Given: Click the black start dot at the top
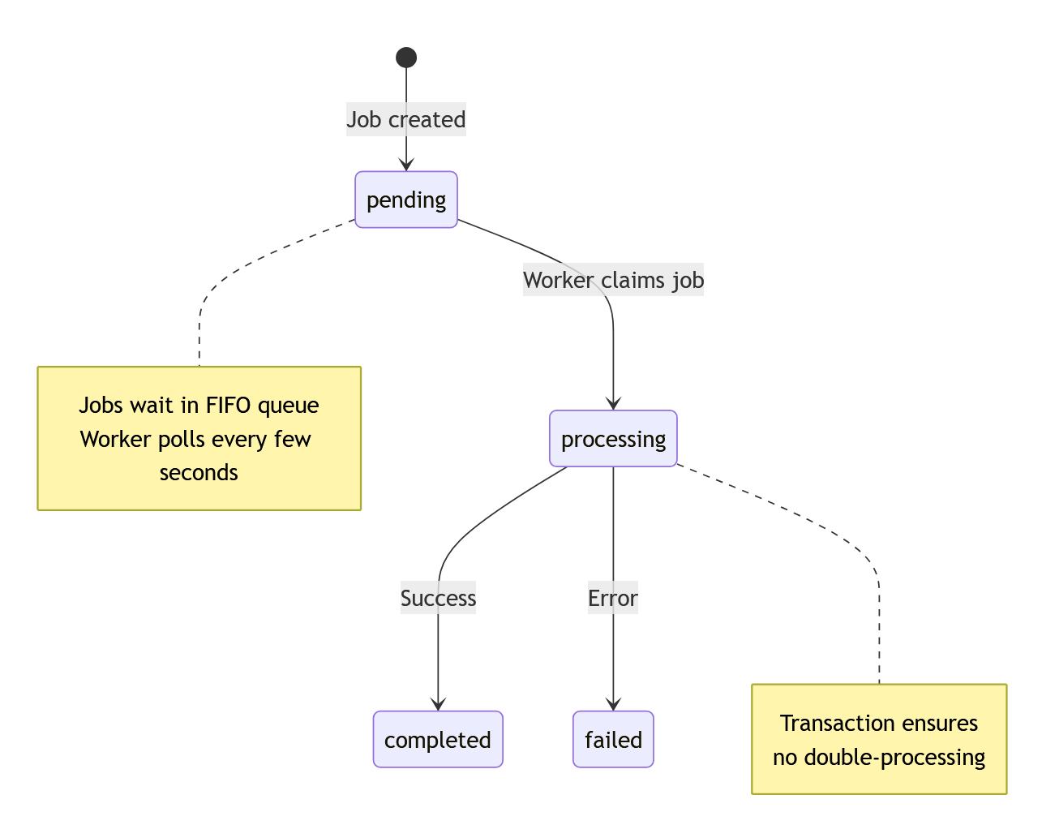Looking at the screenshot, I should (x=406, y=58).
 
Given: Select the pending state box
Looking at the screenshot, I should (x=406, y=200).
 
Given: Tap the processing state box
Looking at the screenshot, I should (x=613, y=439).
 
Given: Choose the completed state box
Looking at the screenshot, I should (x=438, y=740).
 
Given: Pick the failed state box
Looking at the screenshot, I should (x=613, y=740).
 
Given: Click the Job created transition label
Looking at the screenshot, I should (x=406, y=119).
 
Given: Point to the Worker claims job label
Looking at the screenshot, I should (x=613, y=280).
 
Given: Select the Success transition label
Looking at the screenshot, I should (x=438, y=598).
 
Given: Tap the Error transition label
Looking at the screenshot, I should (x=613, y=598).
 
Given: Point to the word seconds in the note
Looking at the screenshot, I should (x=199, y=472).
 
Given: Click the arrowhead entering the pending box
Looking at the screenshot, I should (x=406, y=165).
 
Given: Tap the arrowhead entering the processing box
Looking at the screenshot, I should (x=613, y=403).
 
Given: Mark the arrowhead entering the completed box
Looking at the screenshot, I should (x=438, y=704).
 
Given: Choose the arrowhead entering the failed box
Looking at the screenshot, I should (x=613, y=704).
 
